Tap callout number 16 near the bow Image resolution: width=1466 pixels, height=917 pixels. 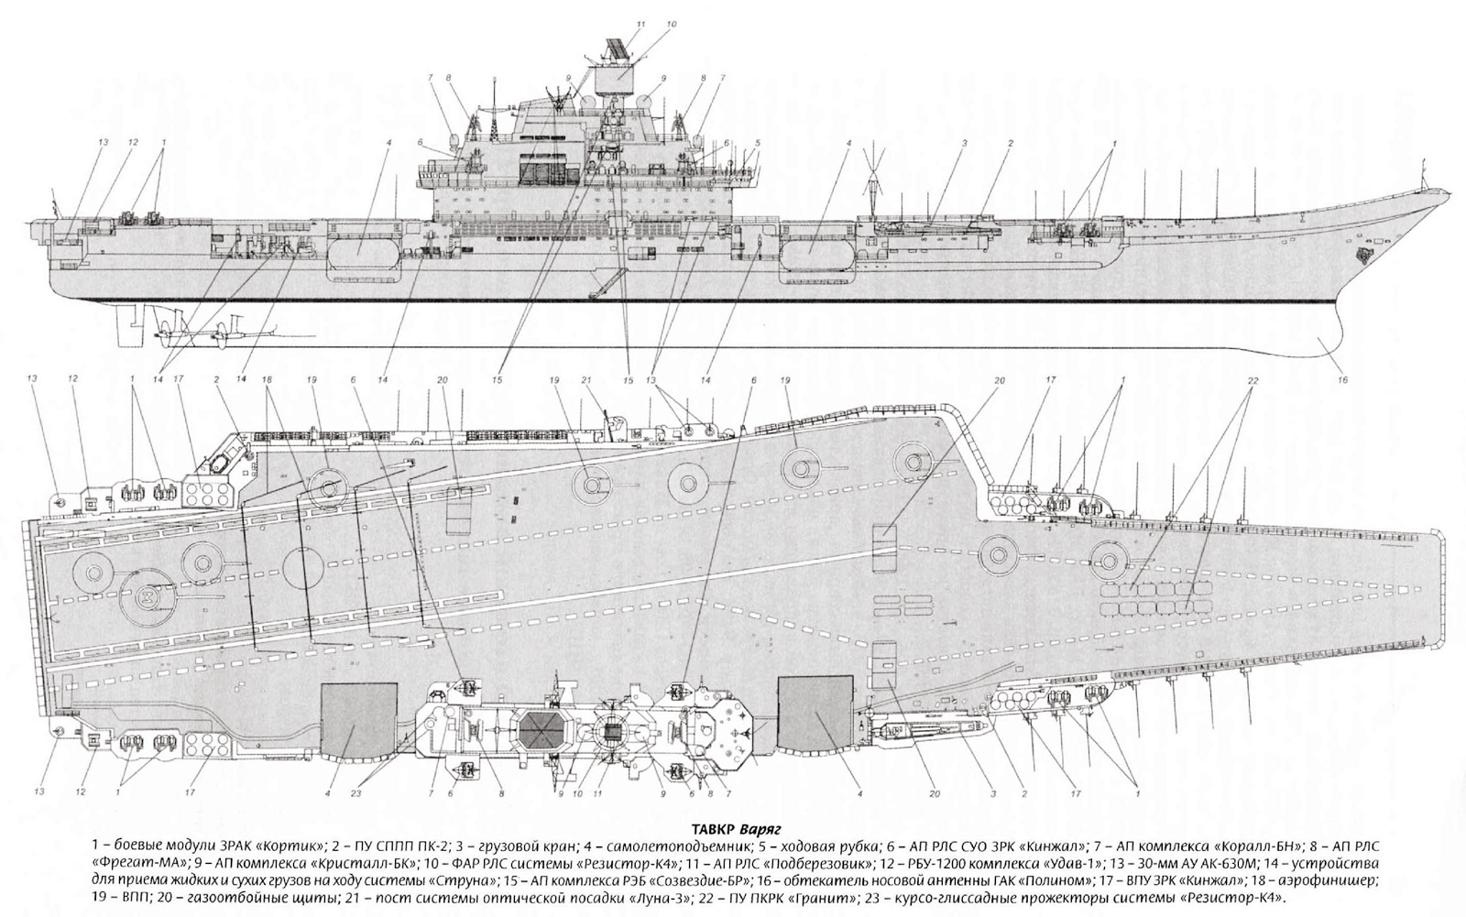click(x=1343, y=379)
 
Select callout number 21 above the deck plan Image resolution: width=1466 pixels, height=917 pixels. click(x=585, y=379)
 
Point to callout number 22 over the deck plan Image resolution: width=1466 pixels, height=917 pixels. click(x=1252, y=379)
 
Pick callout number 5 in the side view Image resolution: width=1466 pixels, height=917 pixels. click(x=758, y=142)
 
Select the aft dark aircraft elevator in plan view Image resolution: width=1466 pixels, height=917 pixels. click(x=359, y=720)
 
